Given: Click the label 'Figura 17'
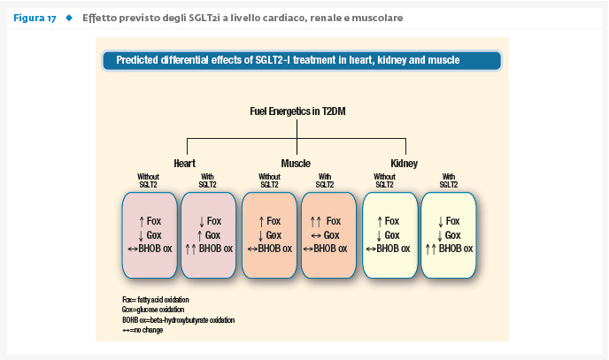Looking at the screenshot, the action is click(x=35, y=19).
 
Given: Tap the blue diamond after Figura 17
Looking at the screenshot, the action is click(x=69, y=18).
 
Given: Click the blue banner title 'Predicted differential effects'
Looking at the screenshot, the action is click(x=288, y=60).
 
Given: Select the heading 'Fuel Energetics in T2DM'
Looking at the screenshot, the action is click(x=297, y=111).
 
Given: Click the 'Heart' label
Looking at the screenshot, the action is click(x=184, y=164).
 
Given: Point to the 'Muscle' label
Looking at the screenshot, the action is click(x=296, y=164).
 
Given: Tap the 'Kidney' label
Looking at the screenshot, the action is click(x=404, y=164).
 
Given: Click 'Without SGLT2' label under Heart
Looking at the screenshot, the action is click(x=148, y=180).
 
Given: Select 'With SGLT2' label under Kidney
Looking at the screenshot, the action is click(x=449, y=180).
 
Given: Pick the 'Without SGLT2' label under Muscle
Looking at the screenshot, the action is click(x=269, y=180).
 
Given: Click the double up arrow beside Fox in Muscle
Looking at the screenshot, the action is click(x=316, y=222).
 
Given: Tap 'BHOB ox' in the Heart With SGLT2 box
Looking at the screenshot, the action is click(x=216, y=249).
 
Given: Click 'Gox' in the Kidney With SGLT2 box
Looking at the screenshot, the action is click(x=452, y=235).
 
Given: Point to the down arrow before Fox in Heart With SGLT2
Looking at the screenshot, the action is click(x=202, y=222).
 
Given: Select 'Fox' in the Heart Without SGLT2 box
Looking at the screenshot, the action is click(x=154, y=221).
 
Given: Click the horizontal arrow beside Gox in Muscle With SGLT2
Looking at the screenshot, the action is click(x=316, y=235).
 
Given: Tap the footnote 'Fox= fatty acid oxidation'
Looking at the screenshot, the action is click(x=156, y=300).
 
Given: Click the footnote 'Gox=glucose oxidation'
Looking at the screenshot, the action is click(x=153, y=310).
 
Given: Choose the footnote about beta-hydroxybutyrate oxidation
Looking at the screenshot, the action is click(x=178, y=320).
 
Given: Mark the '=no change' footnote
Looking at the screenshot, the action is click(x=143, y=330).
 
